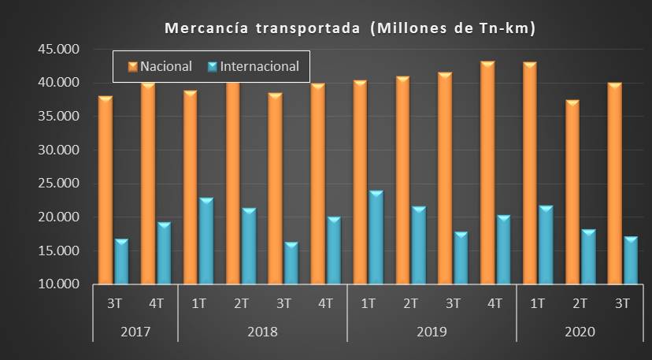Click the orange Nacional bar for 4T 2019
point(487,173)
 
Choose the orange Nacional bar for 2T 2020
point(572,193)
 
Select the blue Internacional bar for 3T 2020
point(630,261)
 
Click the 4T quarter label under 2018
point(326,303)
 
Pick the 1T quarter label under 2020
point(538,303)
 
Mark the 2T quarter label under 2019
point(411,303)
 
